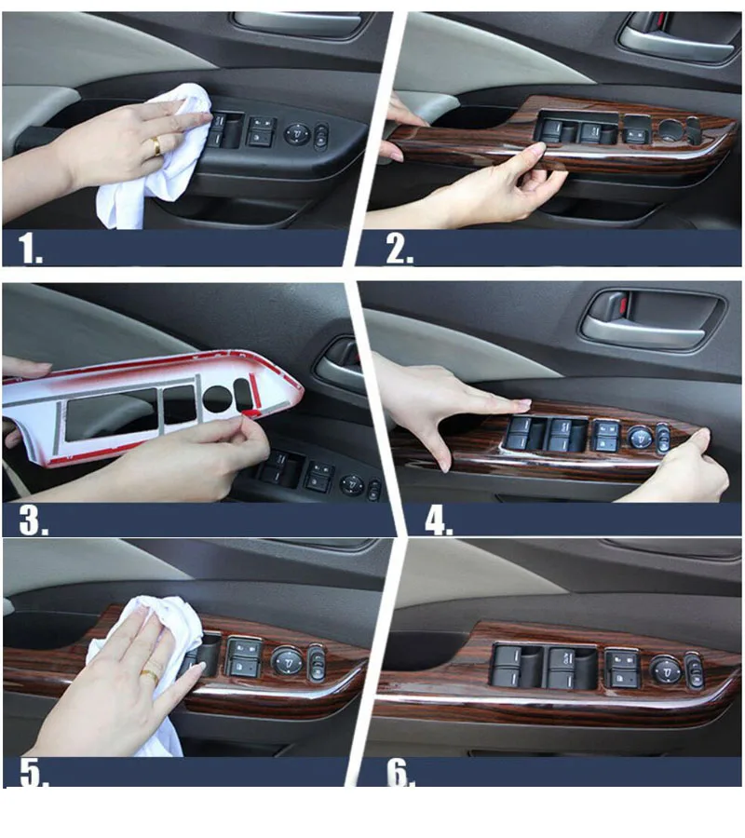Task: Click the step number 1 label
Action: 30,249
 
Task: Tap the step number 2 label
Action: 400,249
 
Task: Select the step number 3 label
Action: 34,520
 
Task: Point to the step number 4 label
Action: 439,520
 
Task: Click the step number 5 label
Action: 34,772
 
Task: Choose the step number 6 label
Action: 400,772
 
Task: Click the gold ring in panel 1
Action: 156,146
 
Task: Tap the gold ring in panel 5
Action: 149,676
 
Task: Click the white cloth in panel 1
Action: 160,160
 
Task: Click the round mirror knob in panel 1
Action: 295,133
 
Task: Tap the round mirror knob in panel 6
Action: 666,669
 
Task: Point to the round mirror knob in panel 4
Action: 640,439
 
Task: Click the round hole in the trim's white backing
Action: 218,399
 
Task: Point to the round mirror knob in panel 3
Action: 352,485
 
